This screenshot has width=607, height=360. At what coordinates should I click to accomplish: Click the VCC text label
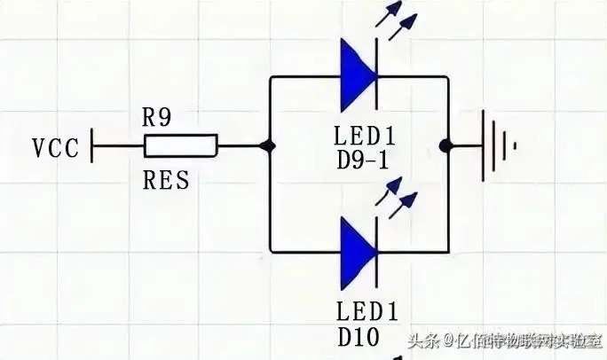(57, 147)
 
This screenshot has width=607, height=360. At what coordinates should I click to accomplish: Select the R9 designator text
(158, 117)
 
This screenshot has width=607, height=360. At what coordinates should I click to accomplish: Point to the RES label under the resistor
(166, 181)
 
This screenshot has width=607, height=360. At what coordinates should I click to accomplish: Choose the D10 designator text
(357, 337)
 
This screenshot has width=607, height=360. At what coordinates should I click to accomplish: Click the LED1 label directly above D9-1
(366, 137)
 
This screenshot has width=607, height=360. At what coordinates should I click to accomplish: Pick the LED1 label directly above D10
(366, 310)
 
